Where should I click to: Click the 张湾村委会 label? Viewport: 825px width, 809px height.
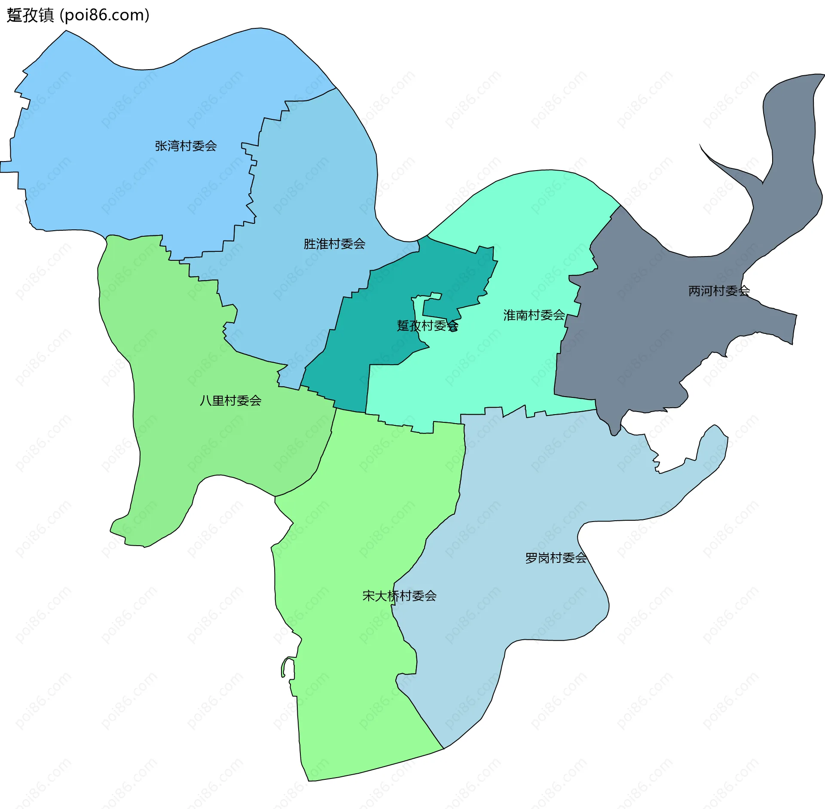click(186, 146)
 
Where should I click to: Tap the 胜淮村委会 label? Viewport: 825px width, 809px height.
click(334, 244)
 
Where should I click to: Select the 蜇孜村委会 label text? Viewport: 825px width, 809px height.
click(427, 326)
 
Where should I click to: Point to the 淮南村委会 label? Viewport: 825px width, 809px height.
click(534, 315)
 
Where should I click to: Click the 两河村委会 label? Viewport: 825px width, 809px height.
click(719, 291)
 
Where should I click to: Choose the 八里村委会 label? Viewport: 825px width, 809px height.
click(230, 401)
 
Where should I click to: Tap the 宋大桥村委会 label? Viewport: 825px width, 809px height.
click(399, 596)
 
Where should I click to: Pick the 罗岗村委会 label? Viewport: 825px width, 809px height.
click(556, 558)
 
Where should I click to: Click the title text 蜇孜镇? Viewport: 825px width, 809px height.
click(30, 15)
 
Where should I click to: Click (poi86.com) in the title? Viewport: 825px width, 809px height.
click(105, 15)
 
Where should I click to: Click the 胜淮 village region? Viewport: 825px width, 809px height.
click(309, 193)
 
